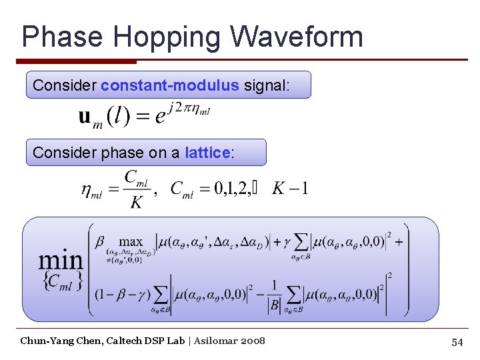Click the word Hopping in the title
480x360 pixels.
pyautogui.click(x=157, y=37)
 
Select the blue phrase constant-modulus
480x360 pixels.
pyautogui.click(x=169, y=85)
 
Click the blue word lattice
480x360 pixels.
pyautogui.click(x=207, y=153)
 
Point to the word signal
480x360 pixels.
pyautogui.click(x=267, y=85)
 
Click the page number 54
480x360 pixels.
pyautogui.click(x=457, y=342)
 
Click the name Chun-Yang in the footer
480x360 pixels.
pyautogui.click(x=43, y=341)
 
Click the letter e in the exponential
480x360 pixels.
pyautogui.click(x=160, y=118)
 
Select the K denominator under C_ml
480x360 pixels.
pyautogui.click(x=136, y=202)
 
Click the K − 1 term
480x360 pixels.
pyautogui.click(x=289, y=188)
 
